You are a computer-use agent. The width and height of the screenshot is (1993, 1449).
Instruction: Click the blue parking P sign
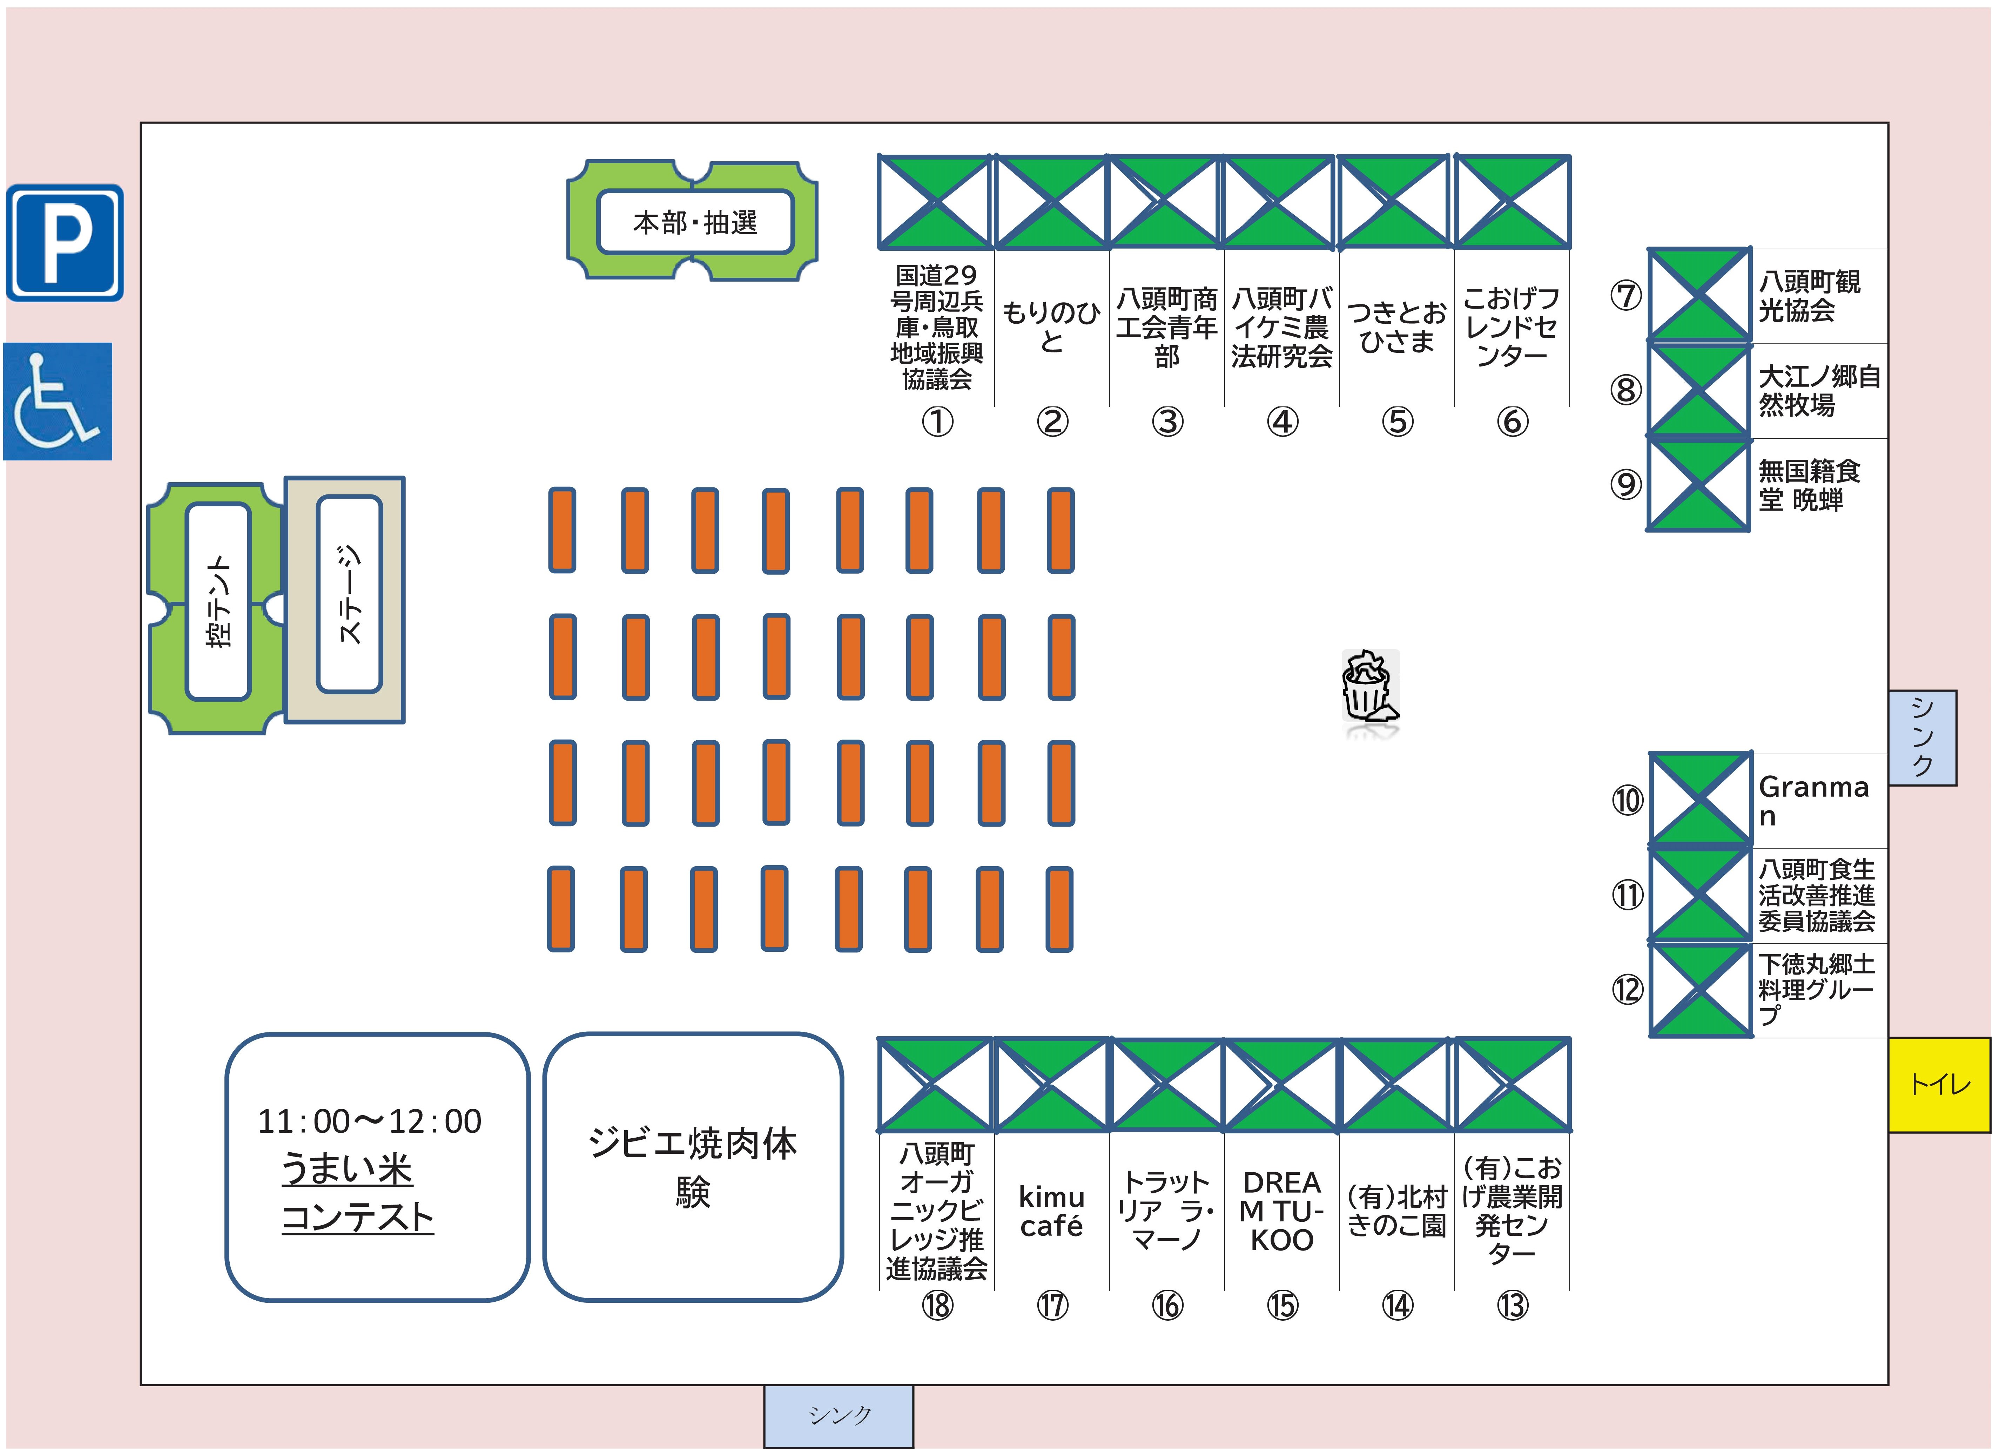coord(65,243)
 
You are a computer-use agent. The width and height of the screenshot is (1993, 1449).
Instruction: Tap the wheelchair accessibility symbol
coord(58,402)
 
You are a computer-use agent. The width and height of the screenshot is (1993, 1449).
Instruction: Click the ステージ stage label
coord(350,595)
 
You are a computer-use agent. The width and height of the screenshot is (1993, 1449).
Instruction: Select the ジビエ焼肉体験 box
coord(693,1167)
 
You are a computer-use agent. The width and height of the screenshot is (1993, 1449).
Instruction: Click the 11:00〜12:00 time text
coord(369,1121)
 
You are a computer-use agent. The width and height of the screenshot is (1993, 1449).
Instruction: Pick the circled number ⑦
coord(1626,295)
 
